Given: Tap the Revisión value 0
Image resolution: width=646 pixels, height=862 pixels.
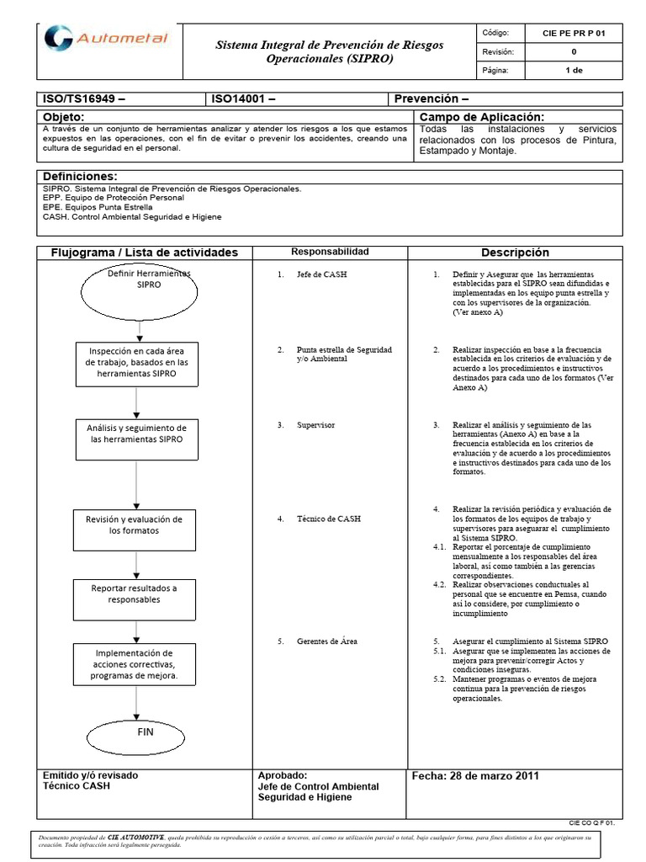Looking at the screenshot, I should (x=575, y=51).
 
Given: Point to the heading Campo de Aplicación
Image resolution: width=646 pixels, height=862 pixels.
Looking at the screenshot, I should (x=481, y=116).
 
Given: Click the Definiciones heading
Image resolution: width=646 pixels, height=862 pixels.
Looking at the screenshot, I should (x=79, y=176).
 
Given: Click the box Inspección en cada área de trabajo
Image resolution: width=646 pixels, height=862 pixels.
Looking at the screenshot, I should (x=137, y=363).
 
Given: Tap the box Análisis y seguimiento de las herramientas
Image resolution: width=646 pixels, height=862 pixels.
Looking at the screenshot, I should (x=137, y=434).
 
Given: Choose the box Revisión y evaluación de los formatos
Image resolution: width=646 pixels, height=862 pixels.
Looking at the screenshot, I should (x=134, y=525).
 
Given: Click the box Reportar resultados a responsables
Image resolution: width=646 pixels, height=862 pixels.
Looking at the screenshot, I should (x=135, y=593).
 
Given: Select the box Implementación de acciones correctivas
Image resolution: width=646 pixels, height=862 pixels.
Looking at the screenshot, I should (x=135, y=664).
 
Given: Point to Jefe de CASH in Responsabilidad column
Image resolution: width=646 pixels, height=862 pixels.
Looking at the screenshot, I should (x=321, y=275).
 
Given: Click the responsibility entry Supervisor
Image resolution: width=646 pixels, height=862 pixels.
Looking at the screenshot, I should (x=315, y=425).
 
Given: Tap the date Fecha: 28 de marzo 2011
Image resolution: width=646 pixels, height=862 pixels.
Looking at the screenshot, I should (x=475, y=776).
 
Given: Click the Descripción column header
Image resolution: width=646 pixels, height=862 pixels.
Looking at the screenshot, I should (x=515, y=253).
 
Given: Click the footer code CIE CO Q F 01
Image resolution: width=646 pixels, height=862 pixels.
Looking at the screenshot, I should (x=593, y=824).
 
